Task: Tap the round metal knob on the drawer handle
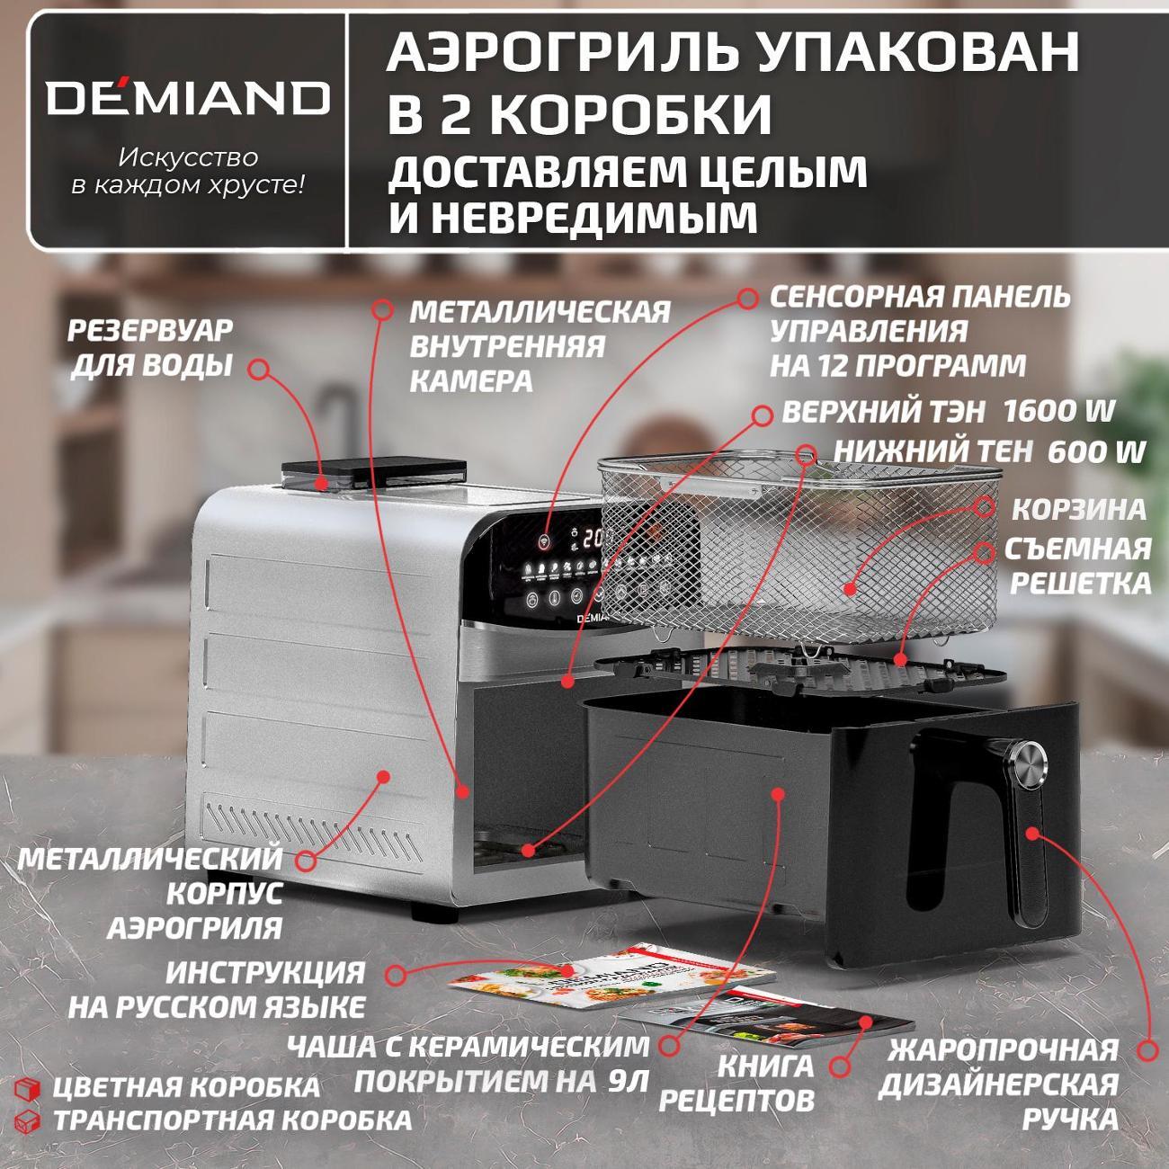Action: click(x=1030, y=758)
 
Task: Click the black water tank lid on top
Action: click(x=374, y=469)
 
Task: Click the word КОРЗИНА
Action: click(x=1079, y=509)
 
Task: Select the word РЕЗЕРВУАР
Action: click(x=150, y=331)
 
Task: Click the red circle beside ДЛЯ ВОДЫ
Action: click(x=259, y=369)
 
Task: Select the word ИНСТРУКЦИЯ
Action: click(x=265, y=972)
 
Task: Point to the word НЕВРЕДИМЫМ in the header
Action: click(x=593, y=218)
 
